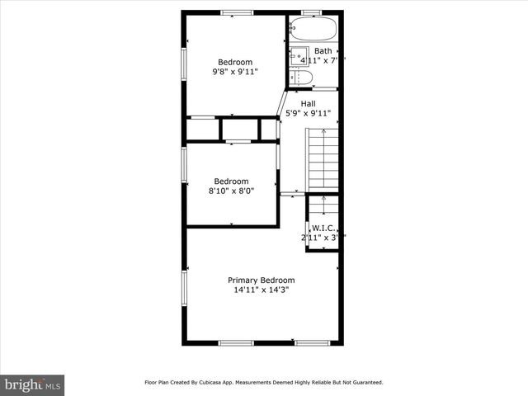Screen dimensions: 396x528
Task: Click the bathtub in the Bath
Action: coord(313,30)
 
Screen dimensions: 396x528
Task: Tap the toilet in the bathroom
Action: coord(303,78)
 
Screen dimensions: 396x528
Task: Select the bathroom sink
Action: coord(297,55)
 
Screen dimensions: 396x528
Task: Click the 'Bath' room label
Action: coord(323,51)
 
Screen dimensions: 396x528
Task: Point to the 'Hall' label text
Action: coord(308,103)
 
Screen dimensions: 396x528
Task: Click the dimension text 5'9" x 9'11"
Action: coord(308,114)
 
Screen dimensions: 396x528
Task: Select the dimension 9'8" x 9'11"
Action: coord(235,72)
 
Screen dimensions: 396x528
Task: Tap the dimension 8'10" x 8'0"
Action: coord(231,191)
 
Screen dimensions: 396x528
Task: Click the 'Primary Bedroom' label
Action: coord(261,280)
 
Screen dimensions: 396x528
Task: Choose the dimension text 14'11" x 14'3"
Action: coord(261,290)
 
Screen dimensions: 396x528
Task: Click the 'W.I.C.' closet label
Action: coord(322,229)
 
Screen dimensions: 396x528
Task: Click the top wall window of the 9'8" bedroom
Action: coord(237,12)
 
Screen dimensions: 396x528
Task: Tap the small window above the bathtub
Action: coord(311,12)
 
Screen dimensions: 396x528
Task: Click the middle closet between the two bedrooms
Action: coord(240,130)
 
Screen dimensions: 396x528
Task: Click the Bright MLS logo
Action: coord(32,384)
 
